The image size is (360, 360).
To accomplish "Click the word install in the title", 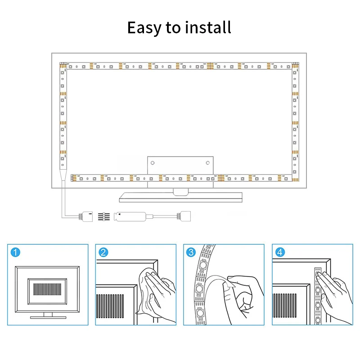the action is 207,27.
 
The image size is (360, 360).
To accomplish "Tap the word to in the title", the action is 173,28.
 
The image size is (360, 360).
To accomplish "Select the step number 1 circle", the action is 15,252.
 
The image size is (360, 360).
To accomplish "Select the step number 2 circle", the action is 103,252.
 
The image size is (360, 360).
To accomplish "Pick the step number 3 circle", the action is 191,252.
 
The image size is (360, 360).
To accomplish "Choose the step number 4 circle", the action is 279,252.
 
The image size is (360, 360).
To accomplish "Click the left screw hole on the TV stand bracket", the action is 152,162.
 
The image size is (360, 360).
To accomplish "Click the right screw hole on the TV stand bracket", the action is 207,162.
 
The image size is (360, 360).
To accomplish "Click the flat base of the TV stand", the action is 180,197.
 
